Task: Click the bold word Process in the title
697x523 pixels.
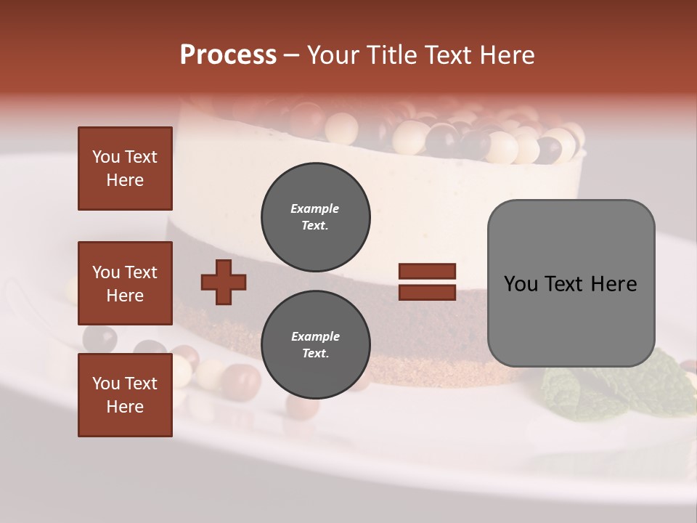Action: pos(228,55)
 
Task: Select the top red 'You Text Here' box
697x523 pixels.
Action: pos(125,169)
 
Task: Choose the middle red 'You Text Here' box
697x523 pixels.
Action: pos(125,283)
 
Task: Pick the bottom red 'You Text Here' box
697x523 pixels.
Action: pos(125,394)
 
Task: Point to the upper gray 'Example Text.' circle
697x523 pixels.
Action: pos(315,217)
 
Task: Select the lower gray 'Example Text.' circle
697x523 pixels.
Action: pos(315,345)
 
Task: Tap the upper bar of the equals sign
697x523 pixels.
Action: pos(427,272)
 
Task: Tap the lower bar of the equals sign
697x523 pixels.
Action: pos(427,293)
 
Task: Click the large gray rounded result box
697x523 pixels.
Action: pos(571,283)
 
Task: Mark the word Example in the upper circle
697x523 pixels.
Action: pos(315,208)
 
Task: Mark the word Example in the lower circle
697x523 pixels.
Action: pos(315,336)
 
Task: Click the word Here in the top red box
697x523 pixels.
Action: pos(125,180)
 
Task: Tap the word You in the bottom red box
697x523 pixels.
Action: pos(106,383)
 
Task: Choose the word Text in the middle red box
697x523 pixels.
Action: pos(141,272)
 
